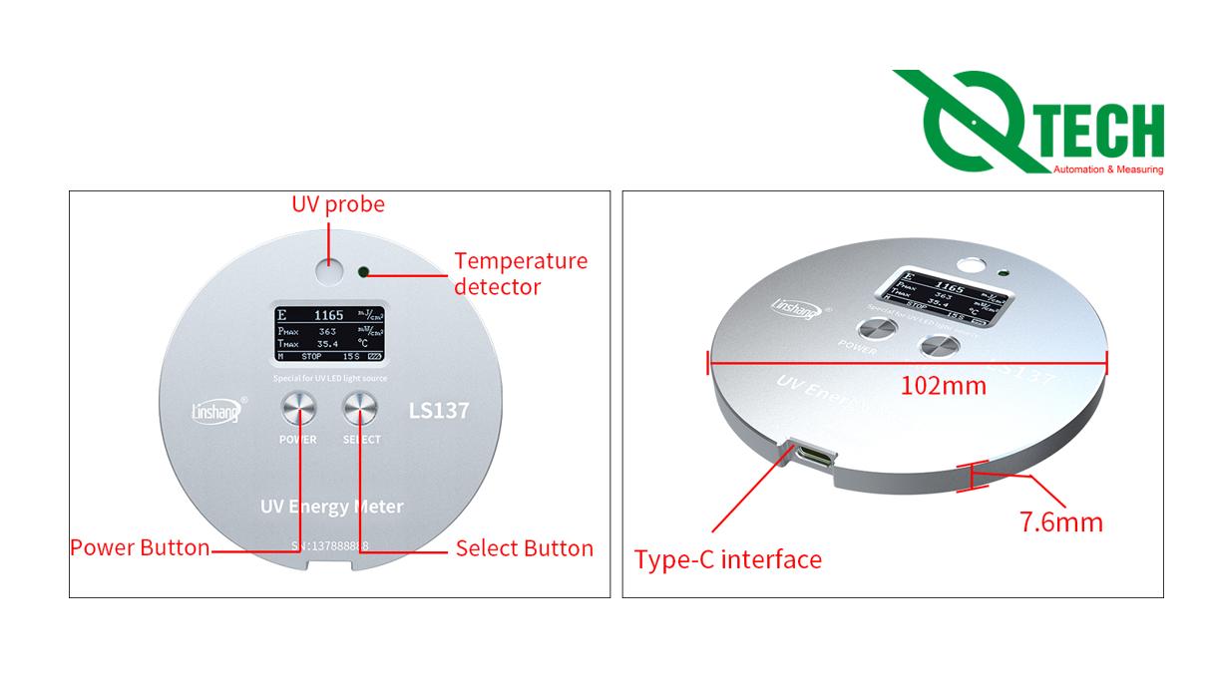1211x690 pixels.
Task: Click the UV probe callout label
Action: pyautogui.click(x=337, y=204)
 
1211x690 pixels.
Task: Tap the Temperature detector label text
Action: pyautogui.click(x=521, y=273)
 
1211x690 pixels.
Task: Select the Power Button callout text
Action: pyautogui.click(x=140, y=547)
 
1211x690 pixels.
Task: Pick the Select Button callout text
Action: pyautogui.click(x=524, y=547)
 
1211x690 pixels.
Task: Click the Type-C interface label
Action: pyautogui.click(x=728, y=559)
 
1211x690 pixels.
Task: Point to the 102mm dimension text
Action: pyautogui.click(x=943, y=385)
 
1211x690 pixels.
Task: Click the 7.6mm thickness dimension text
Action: pyautogui.click(x=1061, y=521)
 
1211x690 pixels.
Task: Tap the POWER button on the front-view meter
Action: pyautogui.click(x=297, y=409)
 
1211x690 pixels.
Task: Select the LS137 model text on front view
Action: pyautogui.click(x=439, y=410)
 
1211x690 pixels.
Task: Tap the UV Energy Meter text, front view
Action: pyautogui.click(x=331, y=507)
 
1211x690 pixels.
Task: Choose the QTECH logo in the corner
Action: pyautogui.click(x=1028, y=122)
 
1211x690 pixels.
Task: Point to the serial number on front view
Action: pyautogui.click(x=330, y=545)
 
